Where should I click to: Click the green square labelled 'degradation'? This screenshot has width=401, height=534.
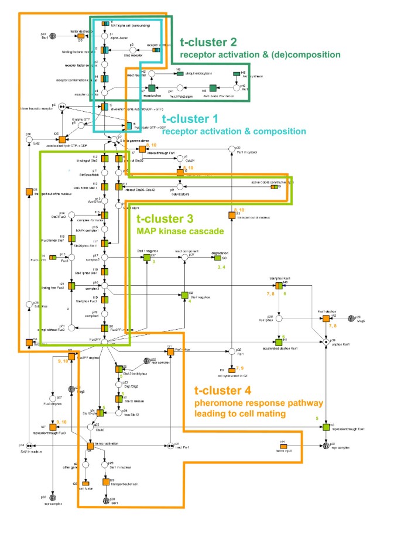click(x=217, y=258)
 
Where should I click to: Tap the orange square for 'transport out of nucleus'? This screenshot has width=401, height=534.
click(x=231, y=215)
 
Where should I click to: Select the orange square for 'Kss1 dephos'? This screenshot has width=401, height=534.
click(x=325, y=318)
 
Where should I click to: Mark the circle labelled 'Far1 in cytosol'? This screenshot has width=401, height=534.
click(x=232, y=148)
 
